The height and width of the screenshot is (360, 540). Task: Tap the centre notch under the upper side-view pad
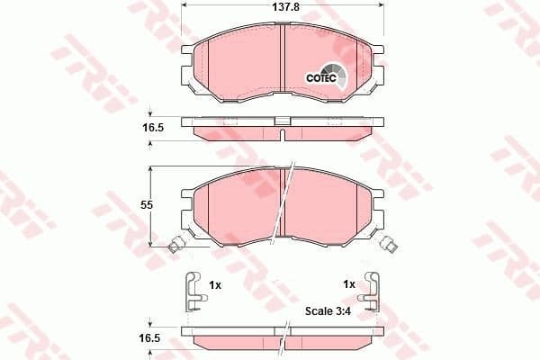tap(283, 135)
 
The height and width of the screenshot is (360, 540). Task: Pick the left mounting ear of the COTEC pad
tap(187, 67)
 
